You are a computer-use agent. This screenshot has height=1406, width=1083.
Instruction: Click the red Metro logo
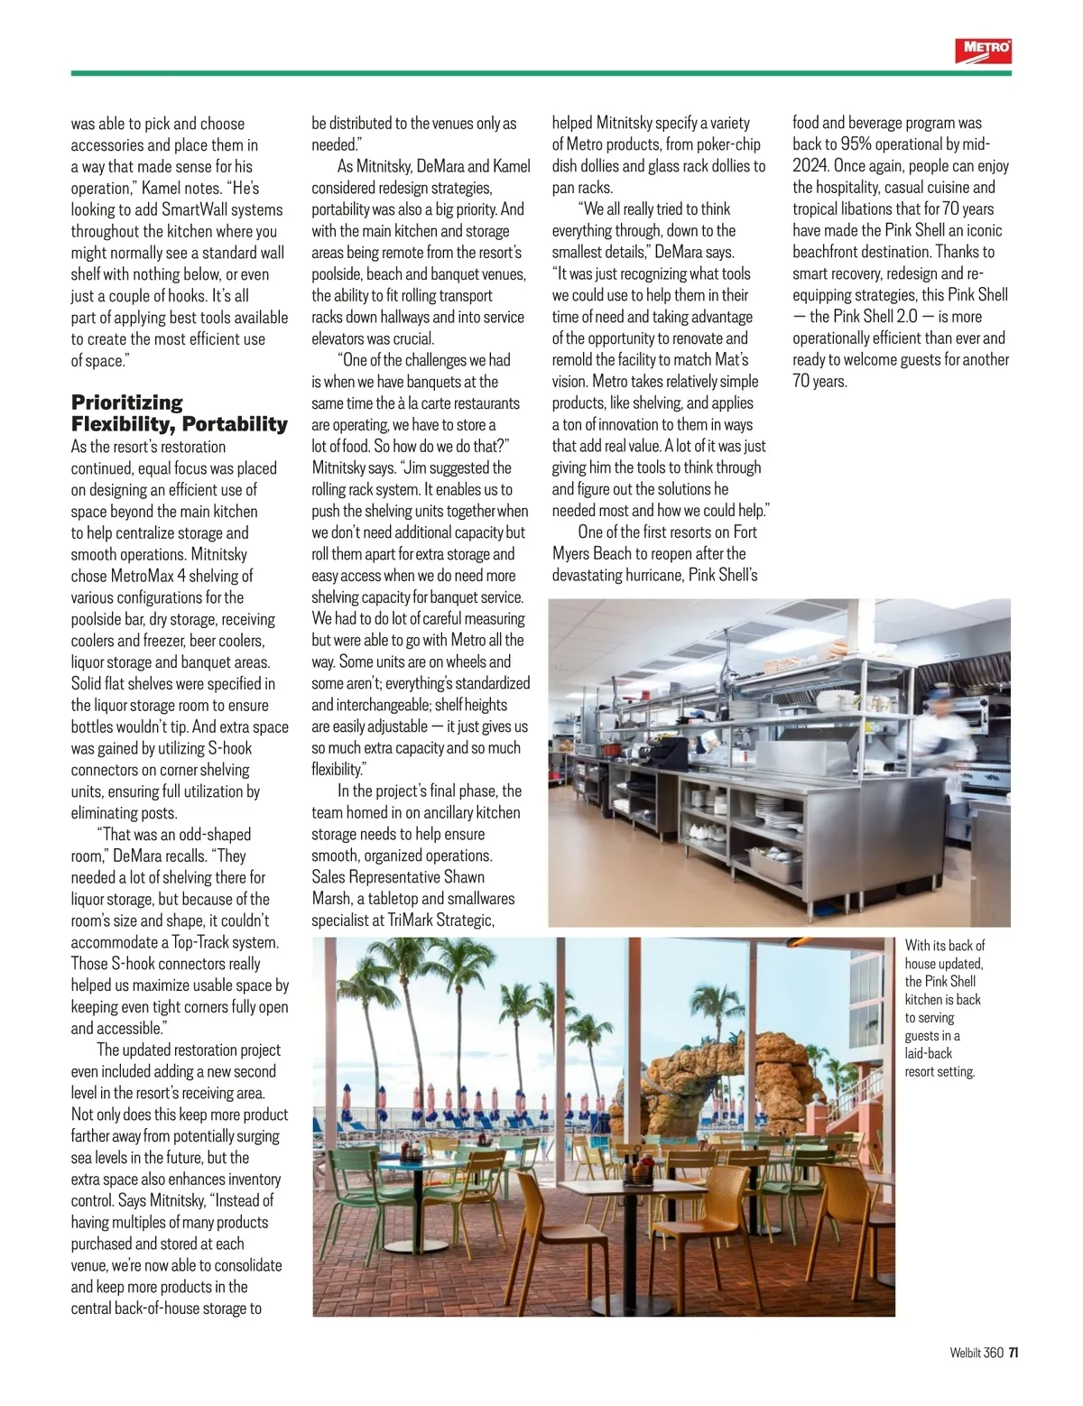pos(983,51)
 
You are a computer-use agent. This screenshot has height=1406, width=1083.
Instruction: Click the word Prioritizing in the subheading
pos(127,402)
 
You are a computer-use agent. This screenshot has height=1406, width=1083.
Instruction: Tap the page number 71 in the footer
pos(1014,1352)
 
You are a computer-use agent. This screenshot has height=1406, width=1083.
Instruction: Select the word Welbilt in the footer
pos(965,1352)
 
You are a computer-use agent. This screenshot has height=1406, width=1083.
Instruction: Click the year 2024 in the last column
pos(810,166)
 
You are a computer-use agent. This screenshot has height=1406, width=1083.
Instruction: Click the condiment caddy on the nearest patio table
pos(642,1170)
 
